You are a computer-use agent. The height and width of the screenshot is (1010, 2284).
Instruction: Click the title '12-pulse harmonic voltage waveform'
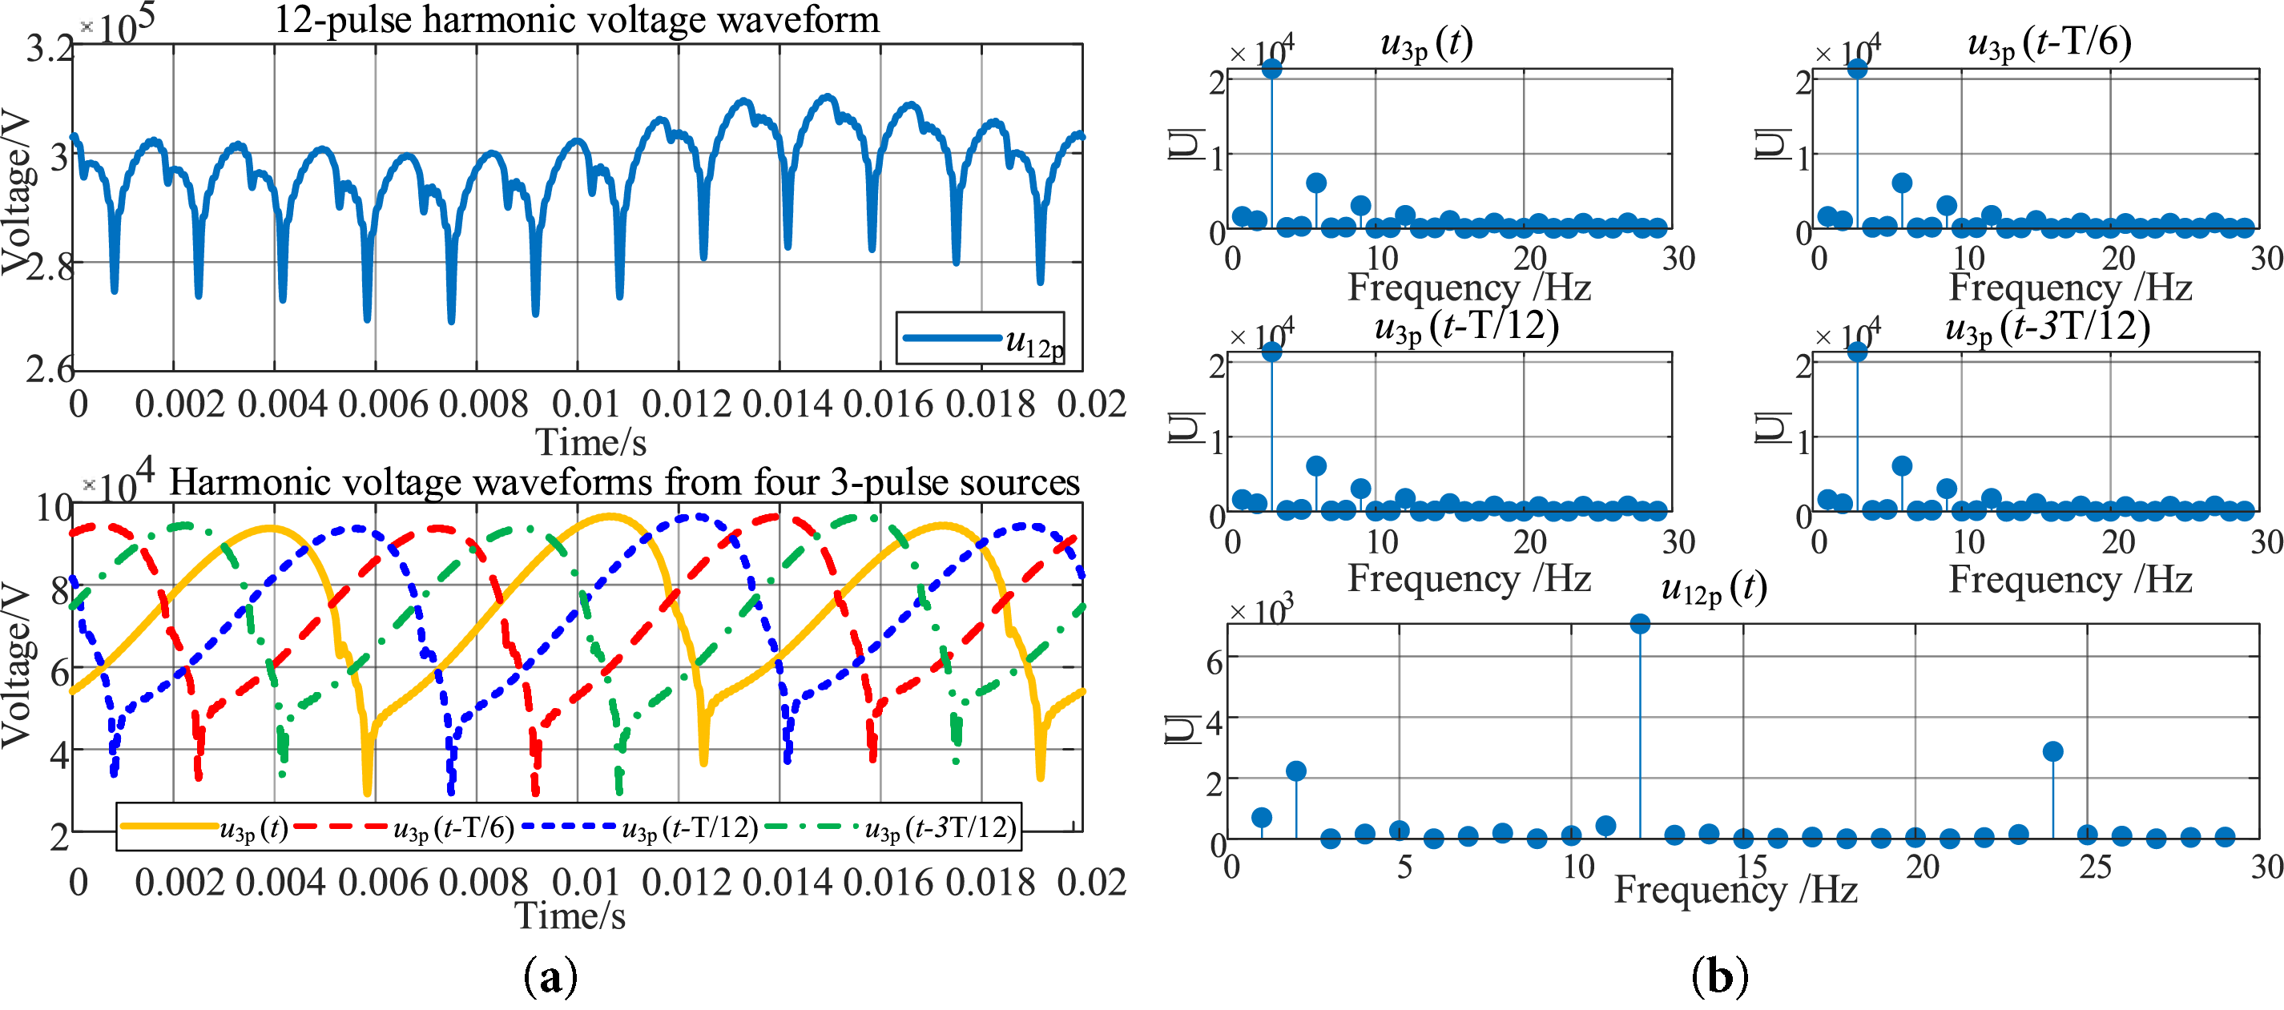pos(576,19)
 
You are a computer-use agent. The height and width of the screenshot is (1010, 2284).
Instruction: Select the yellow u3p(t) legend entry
pos(204,827)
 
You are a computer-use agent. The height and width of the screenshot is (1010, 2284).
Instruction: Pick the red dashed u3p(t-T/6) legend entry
pos(405,827)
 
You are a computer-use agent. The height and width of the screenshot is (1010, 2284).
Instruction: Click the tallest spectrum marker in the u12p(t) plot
pos(1639,624)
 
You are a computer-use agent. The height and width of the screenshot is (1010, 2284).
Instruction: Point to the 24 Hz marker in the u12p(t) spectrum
pos(2052,752)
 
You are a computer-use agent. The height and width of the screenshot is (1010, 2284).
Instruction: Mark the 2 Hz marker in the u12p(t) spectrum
pos(1295,771)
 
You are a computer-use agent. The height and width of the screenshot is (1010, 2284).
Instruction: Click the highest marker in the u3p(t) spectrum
pos(1271,69)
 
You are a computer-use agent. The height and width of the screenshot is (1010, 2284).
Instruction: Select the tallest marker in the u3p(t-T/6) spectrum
pos(1857,69)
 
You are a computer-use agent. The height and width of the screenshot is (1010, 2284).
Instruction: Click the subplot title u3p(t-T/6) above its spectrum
pos(2048,42)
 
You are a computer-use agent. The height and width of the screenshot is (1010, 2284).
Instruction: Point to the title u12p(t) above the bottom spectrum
pos(1713,588)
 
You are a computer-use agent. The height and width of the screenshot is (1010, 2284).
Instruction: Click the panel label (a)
pos(550,976)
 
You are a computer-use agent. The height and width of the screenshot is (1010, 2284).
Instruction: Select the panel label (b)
pos(1719,976)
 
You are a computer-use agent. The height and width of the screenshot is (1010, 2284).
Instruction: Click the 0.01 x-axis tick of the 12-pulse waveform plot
pos(585,404)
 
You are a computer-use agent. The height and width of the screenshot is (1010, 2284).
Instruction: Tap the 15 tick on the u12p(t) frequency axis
pos(1750,867)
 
